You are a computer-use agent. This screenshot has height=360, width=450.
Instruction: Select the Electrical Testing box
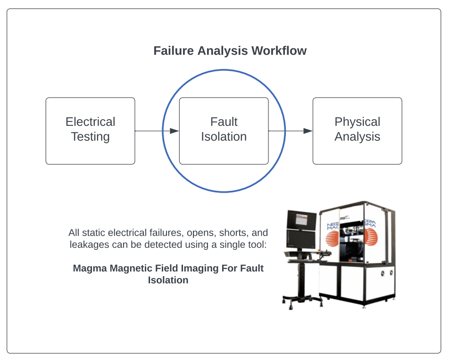pyautogui.click(x=90, y=131)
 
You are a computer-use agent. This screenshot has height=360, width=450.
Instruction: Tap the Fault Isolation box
pyautogui.click(x=224, y=131)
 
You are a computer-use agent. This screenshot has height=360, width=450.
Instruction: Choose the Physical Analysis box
pyautogui.click(x=357, y=131)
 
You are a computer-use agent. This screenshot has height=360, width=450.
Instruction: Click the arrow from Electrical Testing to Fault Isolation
pyautogui.click(x=156, y=131)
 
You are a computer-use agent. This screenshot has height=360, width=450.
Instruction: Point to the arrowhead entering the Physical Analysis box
pyautogui.click(x=308, y=131)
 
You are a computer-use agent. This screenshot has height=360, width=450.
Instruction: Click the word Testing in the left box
pyautogui.click(x=90, y=137)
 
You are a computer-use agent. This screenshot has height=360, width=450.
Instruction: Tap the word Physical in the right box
pyautogui.click(x=357, y=122)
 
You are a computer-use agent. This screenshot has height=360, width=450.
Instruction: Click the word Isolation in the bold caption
pyautogui.click(x=168, y=280)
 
